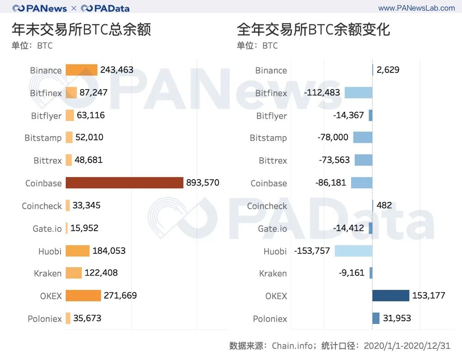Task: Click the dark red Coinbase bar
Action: tap(124, 183)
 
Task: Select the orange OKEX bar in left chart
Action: tap(83, 295)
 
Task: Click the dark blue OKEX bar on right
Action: tap(391, 295)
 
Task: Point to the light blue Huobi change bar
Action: tap(353, 251)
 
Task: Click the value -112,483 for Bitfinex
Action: tap(322, 93)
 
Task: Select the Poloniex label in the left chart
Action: tap(45, 318)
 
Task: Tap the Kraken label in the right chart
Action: tap(273, 273)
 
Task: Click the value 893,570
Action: tap(202, 183)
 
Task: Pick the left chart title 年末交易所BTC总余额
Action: tap(81, 30)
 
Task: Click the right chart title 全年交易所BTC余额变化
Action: tap(313, 30)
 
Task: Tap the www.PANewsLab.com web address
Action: tap(416, 8)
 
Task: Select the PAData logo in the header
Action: tap(105, 8)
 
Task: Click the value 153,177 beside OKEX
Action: tap(428, 295)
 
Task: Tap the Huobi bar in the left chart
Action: tap(78, 251)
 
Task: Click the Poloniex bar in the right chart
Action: tap(376, 318)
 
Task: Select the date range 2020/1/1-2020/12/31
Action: tap(407, 346)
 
